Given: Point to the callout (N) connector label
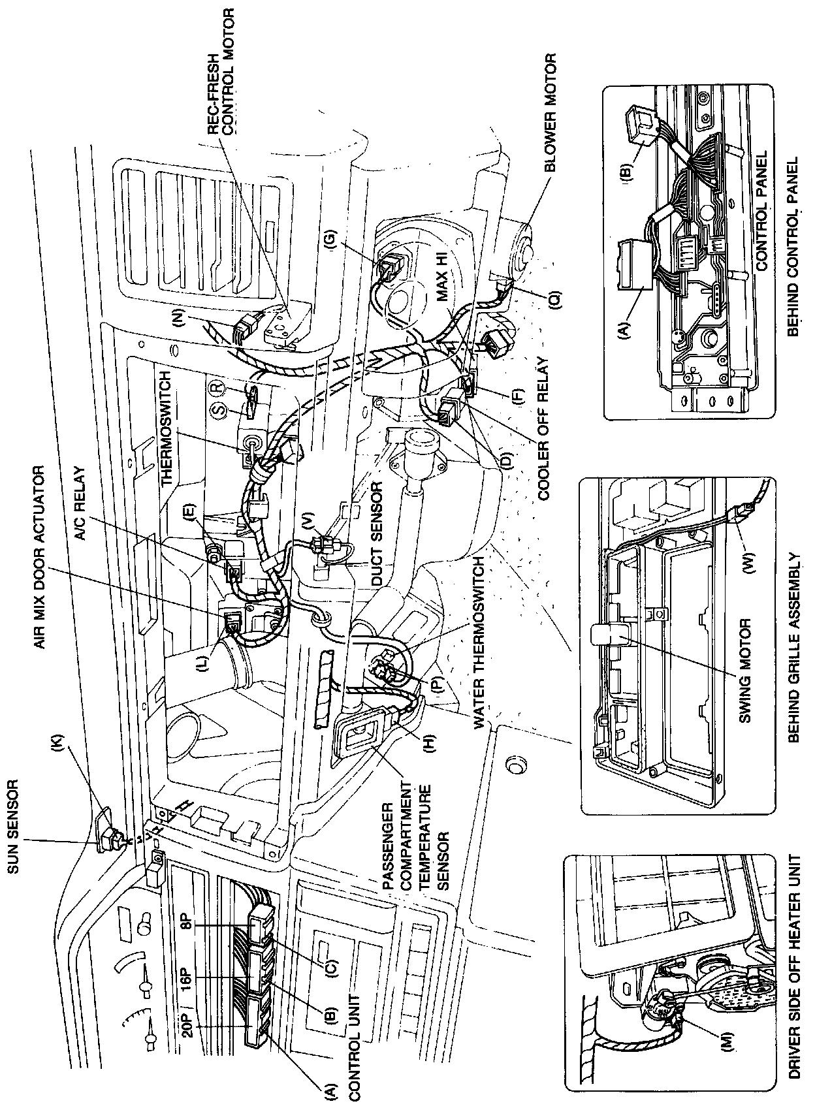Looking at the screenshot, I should (x=181, y=318).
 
